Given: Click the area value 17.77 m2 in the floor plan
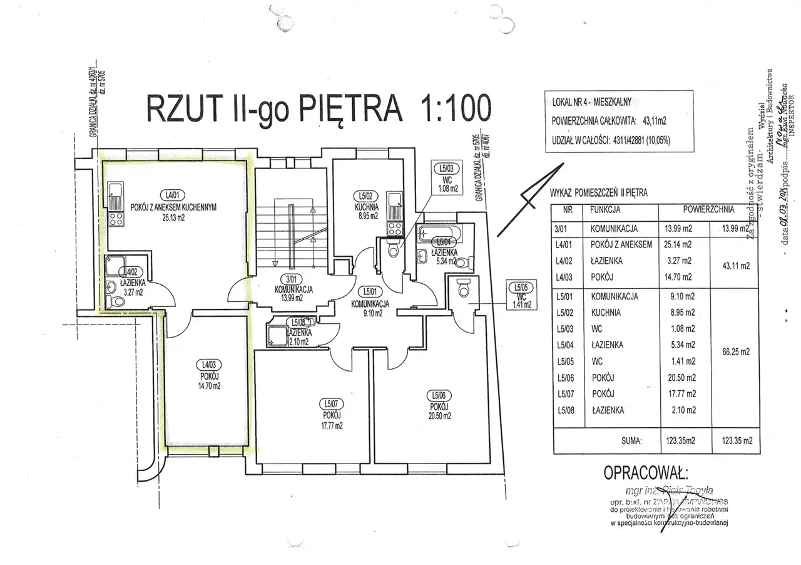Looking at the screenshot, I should (332, 425).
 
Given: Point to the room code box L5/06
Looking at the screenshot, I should (437, 395).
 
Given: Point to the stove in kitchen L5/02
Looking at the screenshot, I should (394, 228).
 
